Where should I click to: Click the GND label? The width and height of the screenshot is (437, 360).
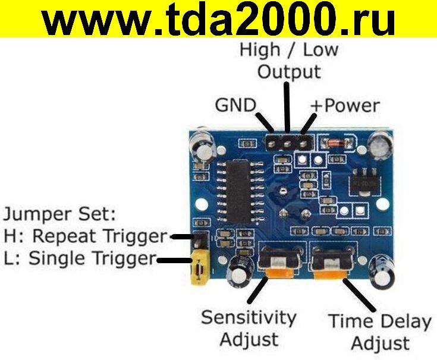click(x=235, y=106)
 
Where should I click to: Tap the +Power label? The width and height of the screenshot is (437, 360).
click(x=345, y=106)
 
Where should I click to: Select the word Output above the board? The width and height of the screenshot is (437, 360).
click(x=289, y=72)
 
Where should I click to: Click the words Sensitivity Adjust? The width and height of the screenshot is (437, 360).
click(x=248, y=327)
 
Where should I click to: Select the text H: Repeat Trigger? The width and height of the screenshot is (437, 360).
click(x=85, y=236)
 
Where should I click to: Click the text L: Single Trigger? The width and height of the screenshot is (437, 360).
click(x=80, y=258)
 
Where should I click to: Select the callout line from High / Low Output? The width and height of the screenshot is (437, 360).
click(x=288, y=107)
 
